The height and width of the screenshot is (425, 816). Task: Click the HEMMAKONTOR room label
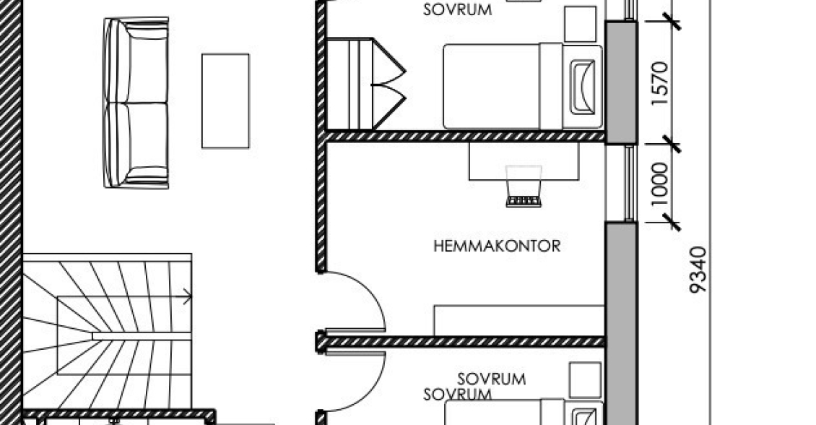[497, 246]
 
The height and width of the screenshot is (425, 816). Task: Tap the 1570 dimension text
[659, 83]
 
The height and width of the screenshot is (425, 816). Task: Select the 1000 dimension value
[659, 184]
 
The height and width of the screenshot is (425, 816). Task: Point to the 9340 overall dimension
[698, 270]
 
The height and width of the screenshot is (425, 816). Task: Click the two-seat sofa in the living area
[136, 103]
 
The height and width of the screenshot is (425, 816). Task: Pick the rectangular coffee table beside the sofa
[225, 101]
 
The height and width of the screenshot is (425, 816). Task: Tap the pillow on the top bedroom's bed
[582, 87]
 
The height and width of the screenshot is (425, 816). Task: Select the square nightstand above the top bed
[581, 24]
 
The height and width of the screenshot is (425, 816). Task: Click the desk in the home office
[524, 161]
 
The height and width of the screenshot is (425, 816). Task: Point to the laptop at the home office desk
[524, 186]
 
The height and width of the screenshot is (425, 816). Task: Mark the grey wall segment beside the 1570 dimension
[621, 82]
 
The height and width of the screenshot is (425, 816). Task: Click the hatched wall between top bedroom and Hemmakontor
[465, 137]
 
